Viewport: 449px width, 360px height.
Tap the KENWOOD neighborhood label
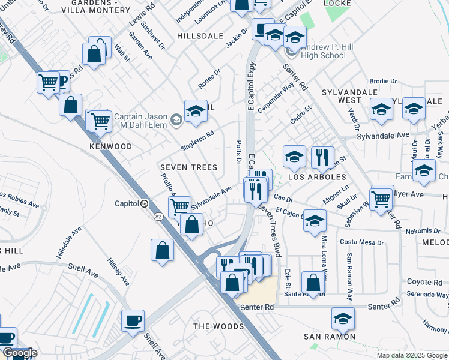[x=110, y=146]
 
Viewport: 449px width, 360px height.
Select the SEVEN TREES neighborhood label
[x=188, y=167]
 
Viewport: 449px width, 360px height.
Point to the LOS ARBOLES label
[x=318, y=177]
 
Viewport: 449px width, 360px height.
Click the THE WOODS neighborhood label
[x=218, y=326]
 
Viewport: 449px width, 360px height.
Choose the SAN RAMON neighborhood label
[x=329, y=337]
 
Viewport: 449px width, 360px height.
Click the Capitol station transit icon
[x=144, y=203]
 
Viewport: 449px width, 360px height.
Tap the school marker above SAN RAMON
[x=343, y=317]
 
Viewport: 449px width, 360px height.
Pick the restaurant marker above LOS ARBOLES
[x=322, y=157]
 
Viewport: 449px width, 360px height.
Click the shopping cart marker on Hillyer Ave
[x=381, y=198]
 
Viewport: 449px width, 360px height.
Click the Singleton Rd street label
[x=197, y=142]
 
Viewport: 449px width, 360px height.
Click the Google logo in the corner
[x=20, y=353]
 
